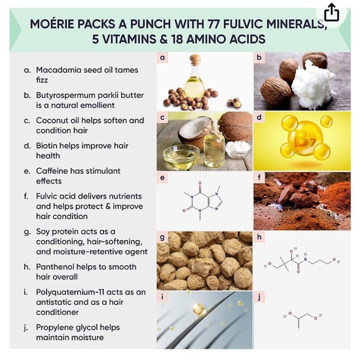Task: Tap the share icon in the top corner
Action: coord(331,12)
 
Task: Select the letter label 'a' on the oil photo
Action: coord(163,57)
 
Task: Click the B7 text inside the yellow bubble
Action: coord(304,139)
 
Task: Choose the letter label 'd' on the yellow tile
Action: coord(259,117)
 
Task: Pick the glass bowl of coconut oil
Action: coord(181,156)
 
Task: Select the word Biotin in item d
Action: coord(46,146)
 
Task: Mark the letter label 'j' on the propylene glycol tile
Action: coord(259,297)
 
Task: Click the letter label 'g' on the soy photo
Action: coord(162,237)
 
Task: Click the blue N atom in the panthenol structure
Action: coord(305,259)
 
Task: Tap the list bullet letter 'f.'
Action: coord(26,196)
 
